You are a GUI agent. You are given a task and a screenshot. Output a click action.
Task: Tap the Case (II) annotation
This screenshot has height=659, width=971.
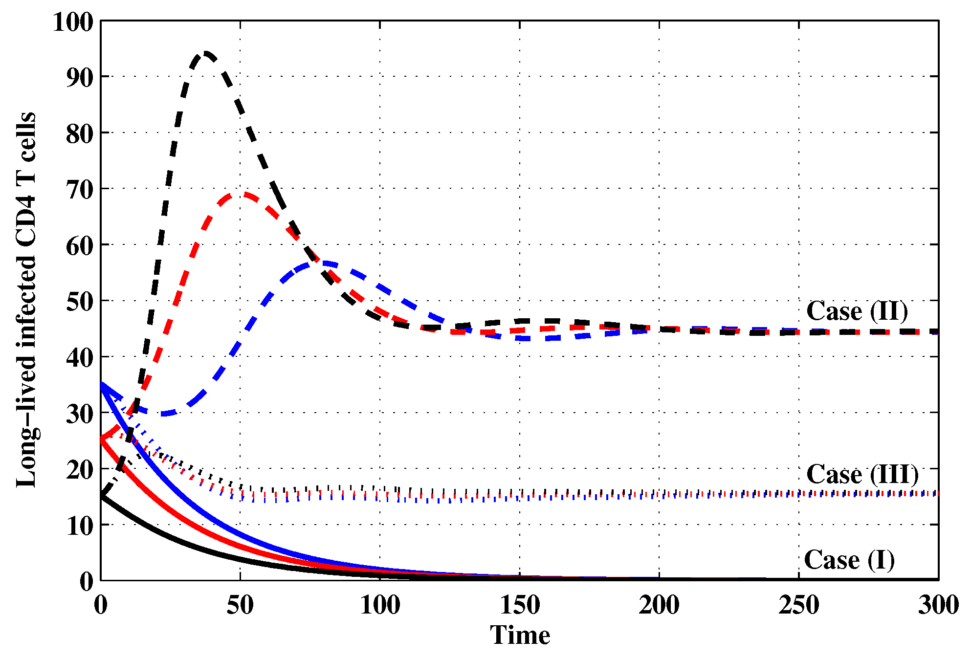click(x=857, y=311)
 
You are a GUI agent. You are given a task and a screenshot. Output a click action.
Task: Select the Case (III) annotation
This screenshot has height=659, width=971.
click(x=862, y=474)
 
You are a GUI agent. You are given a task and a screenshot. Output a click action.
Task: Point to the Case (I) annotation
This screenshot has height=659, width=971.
click(x=849, y=560)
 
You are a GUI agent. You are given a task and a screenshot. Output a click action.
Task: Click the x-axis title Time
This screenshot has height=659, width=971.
click(x=520, y=636)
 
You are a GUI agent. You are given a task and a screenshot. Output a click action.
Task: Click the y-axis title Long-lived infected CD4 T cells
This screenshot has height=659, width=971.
click(x=26, y=299)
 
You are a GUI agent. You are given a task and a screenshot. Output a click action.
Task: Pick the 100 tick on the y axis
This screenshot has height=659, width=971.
click(x=73, y=22)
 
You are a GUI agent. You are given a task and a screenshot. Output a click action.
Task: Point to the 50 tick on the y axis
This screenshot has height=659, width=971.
click(x=80, y=302)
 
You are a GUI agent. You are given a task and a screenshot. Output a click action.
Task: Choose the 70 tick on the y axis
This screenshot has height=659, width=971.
click(x=80, y=190)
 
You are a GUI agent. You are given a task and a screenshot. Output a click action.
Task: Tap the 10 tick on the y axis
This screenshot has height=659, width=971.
click(x=80, y=526)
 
